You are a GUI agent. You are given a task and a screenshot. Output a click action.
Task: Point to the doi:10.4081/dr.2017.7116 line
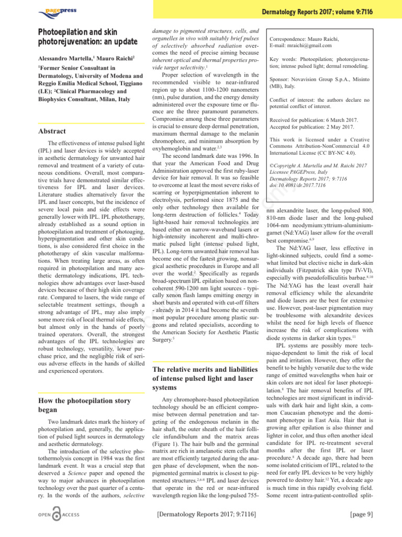[306, 185]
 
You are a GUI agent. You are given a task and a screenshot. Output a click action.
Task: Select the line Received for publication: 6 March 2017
[311, 121]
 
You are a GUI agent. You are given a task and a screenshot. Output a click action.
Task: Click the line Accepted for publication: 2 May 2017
[311, 128]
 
